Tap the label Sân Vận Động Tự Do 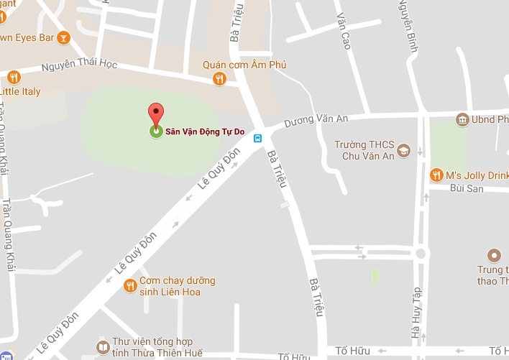(x=203, y=131)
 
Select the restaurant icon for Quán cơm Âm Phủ (x=220, y=79)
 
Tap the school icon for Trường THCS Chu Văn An (x=404, y=150)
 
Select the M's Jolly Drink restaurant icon (x=436, y=175)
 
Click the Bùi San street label (x=466, y=188)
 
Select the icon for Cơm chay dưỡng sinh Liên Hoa (x=130, y=286)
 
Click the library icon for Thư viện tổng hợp (x=103, y=349)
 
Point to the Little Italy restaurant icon (x=14, y=78)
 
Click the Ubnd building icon (x=462, y=119)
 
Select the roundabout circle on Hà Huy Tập (x=420, y=253)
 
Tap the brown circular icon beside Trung (x=493, y=255)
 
